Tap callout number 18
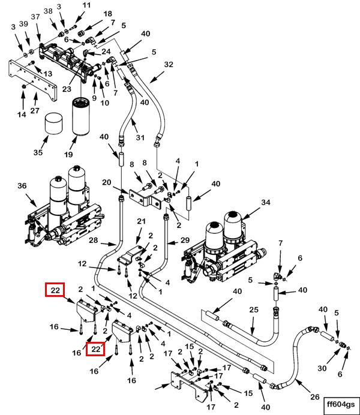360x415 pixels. pyautogui.click(x=107, y=14)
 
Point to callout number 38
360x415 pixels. pyautogui.click(x=48, y=11)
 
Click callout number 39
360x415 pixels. pyautogui.click(x=24, y=23)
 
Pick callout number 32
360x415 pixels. pyautogui.click(x=168, y=64)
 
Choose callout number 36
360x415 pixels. pyautogui.click(x=23, y=187)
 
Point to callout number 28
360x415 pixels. pyautogui.click(x=94, y=241)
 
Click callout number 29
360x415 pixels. pyautogui.click(x=185, y=240)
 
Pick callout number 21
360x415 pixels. pyautogui.click(x=142, y=222)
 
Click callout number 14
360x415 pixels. pyautogui.click(x=22, y=115)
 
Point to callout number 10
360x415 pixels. pyautogui.click(x=104, y=103)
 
